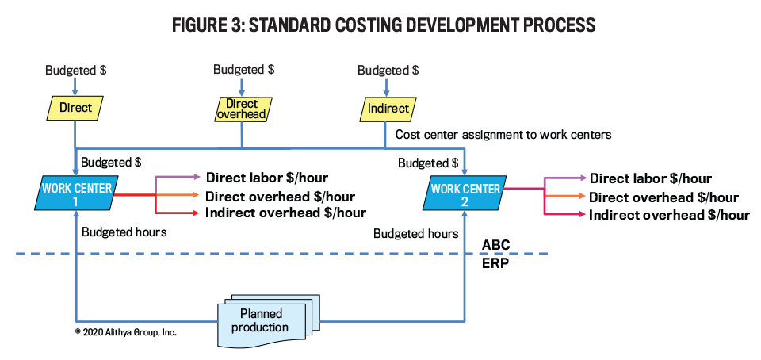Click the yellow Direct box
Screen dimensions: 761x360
[x=75, y=108]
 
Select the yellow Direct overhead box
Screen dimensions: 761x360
[x=242, y=109]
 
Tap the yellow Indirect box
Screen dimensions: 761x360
[x=388, y=109]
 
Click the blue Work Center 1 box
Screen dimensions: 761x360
[x=75, y=194]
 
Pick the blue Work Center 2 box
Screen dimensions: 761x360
[x=465, y=194]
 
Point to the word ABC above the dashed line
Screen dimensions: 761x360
[x=495, y=244]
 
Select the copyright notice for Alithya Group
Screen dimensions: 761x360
[x=126, y=333]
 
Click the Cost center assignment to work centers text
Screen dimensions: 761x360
[x=503, y=134]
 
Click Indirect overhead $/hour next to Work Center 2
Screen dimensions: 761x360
[x=669, y=214]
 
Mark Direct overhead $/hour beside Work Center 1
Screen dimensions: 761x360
[x=280, y=197]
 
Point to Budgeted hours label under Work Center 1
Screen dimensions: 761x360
[x=124, y=232]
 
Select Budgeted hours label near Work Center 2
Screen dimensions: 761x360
[x=416, y=234]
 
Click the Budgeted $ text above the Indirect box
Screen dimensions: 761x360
[x=388, y=70]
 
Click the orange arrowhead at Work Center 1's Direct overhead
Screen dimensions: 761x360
[x=195, y=196]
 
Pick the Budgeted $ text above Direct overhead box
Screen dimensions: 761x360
[x=243, y=69]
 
